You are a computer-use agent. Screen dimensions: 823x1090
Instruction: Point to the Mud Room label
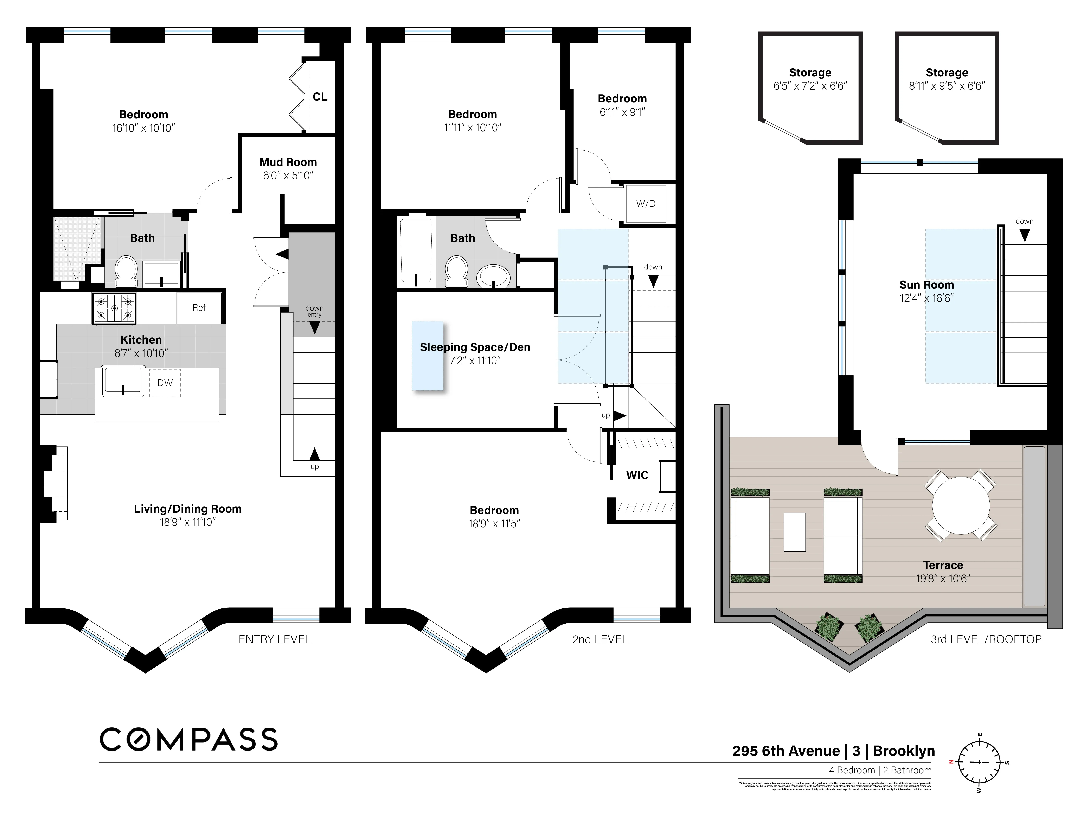click(x=288, y=162)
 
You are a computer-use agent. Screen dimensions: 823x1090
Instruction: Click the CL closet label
click(x=320, y=97)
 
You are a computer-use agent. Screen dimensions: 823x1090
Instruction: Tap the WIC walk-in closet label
click(x=637, y=475)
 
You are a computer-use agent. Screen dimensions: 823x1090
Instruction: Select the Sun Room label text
click(x=926, y=285)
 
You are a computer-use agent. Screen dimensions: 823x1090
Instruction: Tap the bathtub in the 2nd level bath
click(x=416, y=251)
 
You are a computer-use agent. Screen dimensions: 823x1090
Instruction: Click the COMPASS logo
click(x=189, y=739)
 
